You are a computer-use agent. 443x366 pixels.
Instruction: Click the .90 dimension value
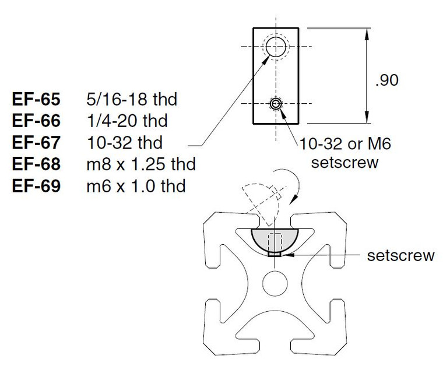point(386,80)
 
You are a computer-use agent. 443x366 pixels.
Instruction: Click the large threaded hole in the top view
point(276,47)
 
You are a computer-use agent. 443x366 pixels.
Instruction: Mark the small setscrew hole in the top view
point(276,104)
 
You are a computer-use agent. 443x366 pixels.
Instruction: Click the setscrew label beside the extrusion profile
point(400,255)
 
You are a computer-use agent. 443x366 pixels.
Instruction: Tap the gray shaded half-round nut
point(275,240)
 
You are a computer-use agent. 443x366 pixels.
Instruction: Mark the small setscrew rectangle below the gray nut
point(275,254)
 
